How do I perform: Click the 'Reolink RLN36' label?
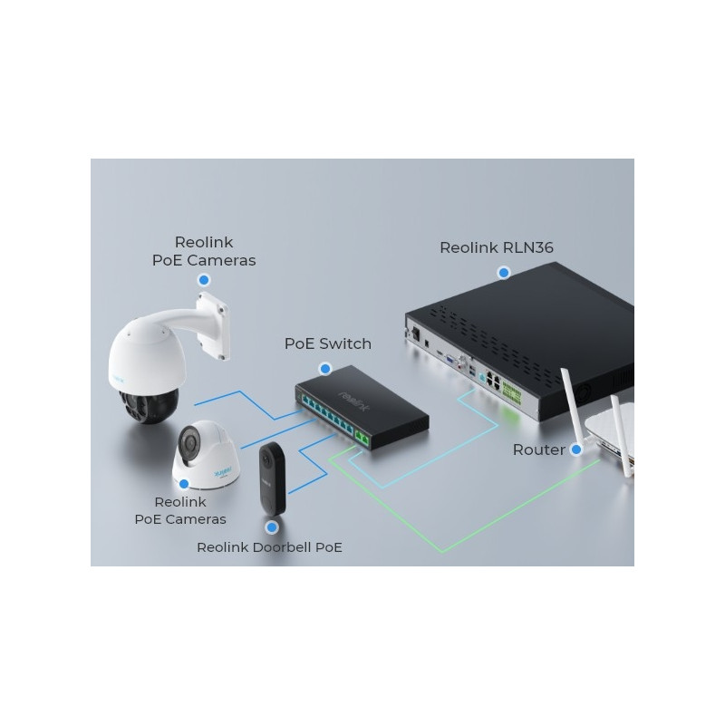point(496,247)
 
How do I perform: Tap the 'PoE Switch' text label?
point(328,344)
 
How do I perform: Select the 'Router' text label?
point(538,449)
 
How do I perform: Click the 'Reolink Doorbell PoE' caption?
point(269,547)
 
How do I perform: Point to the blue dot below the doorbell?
point(272,527)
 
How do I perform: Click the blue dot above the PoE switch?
point(325,369)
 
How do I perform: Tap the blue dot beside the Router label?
point(576,449)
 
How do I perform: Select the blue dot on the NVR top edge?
point(504,273)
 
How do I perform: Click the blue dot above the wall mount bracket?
point(204,280)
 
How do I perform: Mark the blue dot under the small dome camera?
point(184,484)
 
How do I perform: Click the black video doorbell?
point(273,479)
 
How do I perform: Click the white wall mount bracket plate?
point(213,325)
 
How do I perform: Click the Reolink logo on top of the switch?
point(354,401)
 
